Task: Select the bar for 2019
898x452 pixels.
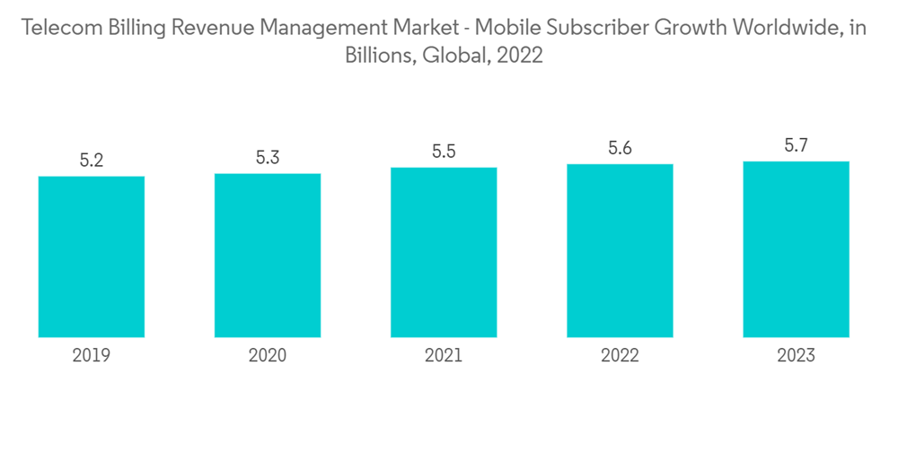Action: click(92, 256)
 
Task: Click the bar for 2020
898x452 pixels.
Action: click(268, 255)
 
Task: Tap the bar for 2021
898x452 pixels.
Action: click(444, 252)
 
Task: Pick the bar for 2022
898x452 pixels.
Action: click(620, 250)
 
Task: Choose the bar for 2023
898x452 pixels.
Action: click(796, 249)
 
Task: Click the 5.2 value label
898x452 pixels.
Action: click(92, 161)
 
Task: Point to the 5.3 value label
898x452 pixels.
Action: click(268, 158)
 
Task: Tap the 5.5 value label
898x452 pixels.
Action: click(444, 152)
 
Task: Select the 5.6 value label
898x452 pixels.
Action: click(620, 149)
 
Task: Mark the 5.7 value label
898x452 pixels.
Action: click(796, 145)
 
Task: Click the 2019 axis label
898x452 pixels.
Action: click(92, 356)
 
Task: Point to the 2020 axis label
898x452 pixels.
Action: click(268, 356)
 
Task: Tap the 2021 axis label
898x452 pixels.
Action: click(444, 356)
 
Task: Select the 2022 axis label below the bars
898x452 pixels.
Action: click(620, 356)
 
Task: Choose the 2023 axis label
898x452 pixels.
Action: click(796, 356)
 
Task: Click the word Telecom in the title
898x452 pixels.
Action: click(60, 28)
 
